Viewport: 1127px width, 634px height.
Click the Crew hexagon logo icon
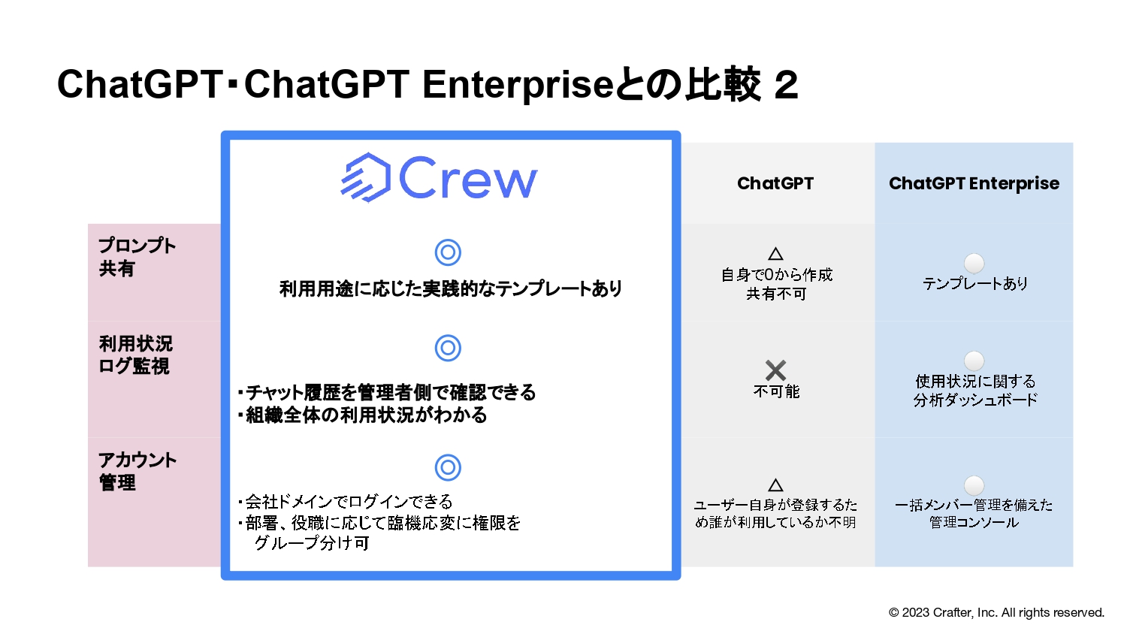[367, 177]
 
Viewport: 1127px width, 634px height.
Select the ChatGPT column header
[775, 183]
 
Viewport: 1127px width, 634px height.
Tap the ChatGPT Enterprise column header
[974, 183]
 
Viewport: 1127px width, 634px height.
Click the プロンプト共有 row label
[137, 257]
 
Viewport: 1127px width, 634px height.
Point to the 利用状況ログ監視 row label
[136, 355]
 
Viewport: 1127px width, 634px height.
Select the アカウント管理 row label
[137, 471]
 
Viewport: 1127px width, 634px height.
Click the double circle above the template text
[448, 252]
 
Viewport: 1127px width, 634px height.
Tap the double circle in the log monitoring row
[448, 348]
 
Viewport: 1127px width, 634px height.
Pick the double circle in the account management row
[448, 467]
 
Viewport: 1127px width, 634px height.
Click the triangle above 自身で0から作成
[776, 254]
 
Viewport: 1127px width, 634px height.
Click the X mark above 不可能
[775, 370]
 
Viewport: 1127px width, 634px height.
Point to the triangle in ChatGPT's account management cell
[776, 485]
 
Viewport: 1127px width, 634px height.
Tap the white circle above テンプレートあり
[974, 263]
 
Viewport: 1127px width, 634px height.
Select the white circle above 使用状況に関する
[974, 361]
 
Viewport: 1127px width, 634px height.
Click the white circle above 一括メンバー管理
[974, 485]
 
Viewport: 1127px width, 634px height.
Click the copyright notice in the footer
[996, 612]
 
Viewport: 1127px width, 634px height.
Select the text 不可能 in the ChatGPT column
[776, 391]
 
